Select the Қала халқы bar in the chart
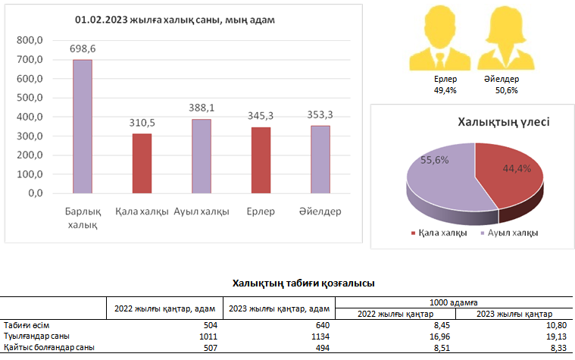(142, 163)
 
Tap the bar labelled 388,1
(202, 155)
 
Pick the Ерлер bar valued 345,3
(261, 159)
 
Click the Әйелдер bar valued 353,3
(320, 158)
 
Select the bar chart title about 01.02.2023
(174, 20)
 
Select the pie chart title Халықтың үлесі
(504, 121)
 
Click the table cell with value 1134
(318, 336)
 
